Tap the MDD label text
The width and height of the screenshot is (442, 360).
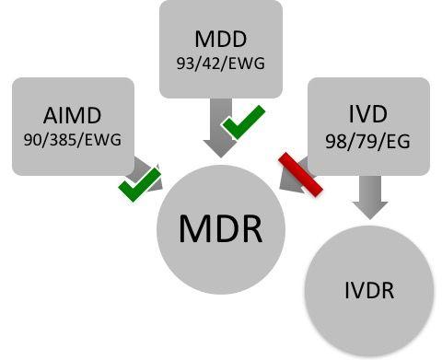(x=220, y=41)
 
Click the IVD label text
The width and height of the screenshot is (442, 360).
(x=367, y=117)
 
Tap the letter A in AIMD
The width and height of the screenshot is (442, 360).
(x=51, y=117)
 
